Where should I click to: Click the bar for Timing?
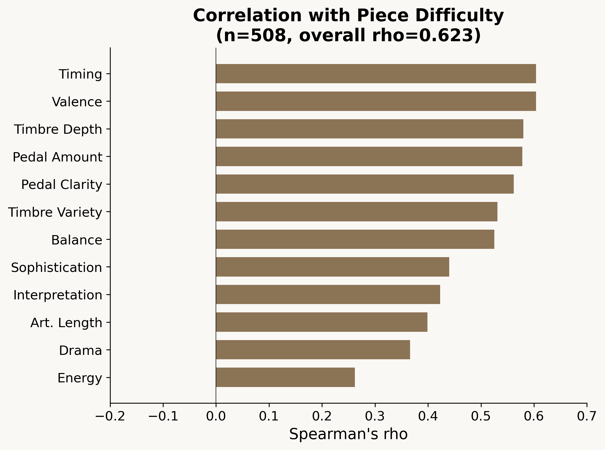tap(376, 74)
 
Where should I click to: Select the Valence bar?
tap(376, 101)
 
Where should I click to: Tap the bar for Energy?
tap(285, 377)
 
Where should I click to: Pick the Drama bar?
tap(313, 350)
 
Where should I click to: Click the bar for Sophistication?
tap(332, 267)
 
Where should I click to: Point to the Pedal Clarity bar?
tap(365, 184)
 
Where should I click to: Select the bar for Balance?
tap(355, 240)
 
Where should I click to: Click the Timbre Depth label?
tap(58, 129)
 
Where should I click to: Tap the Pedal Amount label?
tap(58, 157)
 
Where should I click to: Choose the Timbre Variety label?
tap(55, 212)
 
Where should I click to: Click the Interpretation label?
tap(58, 295)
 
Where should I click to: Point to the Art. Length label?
tap(66, 322)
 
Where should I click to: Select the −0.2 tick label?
tap(110, 417)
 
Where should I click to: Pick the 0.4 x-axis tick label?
tap(428, 417)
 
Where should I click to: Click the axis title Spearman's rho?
tap(348, 434)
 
